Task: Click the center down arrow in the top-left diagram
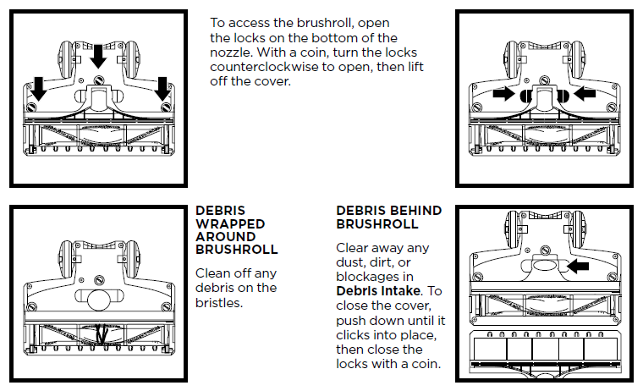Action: tap(98, 55)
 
